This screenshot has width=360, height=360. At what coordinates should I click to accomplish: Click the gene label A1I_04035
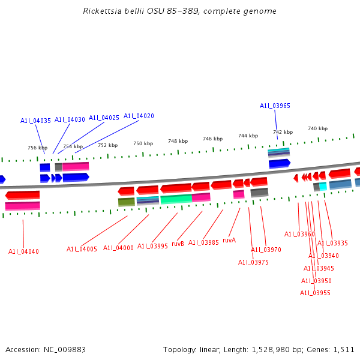click(35, 121)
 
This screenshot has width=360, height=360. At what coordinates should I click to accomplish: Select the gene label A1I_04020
click(139, 116)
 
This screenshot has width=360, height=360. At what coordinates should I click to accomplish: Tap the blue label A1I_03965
click(275, 106)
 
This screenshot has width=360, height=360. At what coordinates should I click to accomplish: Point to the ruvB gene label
click(178, 244)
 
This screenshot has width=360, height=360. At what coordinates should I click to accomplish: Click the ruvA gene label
click(229, 240)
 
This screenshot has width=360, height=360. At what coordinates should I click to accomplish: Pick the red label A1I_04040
click(23, 251)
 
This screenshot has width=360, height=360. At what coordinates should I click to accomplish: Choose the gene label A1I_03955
click(315, 293)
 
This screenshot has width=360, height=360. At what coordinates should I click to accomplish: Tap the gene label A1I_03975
click(253, 262)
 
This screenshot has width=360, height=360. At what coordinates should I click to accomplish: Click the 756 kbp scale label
click(37, 148)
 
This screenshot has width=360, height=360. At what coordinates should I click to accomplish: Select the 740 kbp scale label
click(317, 128)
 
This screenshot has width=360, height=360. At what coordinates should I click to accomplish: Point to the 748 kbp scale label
click(178, 141)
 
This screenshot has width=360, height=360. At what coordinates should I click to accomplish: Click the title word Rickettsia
click(106, 11)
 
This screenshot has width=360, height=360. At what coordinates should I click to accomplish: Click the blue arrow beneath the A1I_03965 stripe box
click(280, 163)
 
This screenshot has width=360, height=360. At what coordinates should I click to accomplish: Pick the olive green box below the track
click(126, 202)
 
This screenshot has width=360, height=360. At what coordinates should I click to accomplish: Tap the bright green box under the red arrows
click(176, 199)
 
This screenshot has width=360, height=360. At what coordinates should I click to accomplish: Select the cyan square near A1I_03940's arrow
click(323, 187)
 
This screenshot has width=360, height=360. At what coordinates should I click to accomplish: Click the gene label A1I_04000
click(118, 248)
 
